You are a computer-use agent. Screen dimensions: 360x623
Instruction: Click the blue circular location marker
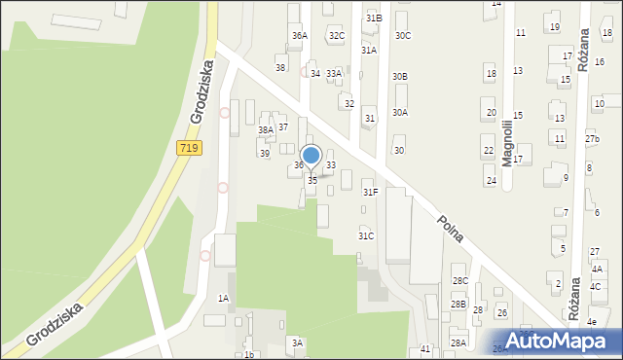coord(311,155)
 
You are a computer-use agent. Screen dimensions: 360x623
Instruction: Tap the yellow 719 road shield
coord(189,148)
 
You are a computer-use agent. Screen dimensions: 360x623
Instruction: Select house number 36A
coord(299,36)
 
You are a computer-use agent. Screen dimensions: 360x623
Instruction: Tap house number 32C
coord(337,36)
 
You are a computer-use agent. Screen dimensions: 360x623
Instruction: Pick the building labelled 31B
coord(374,18)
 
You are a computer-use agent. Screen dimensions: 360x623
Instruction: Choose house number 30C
coord(402,36)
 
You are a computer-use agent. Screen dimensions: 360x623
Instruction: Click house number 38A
coord(266,129)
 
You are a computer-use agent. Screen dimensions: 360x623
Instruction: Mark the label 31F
coord(371,193)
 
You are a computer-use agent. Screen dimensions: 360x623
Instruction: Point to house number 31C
coord(366,235)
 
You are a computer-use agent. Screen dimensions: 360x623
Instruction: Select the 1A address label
coord(223,298)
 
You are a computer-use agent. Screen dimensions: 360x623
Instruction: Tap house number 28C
coord(459,281)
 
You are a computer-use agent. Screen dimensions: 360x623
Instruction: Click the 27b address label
coord(592,139)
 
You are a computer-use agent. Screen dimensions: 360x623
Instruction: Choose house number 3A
coord(298,342)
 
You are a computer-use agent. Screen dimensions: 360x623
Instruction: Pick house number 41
coord(425,348)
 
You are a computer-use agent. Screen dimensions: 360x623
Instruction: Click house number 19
coord(555,27)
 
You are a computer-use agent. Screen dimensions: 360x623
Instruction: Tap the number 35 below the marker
coord(312,181)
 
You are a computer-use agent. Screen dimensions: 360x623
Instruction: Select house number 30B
coord(400,76)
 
